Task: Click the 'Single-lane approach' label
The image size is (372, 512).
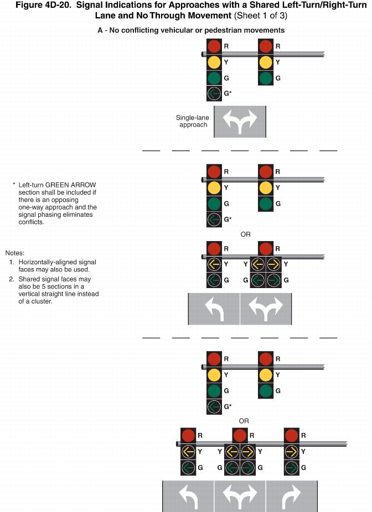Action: tap(192, 121)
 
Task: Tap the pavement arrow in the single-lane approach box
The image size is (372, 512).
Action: tap(240, 122)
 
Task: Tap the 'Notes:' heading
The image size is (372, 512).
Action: tap(15, 253)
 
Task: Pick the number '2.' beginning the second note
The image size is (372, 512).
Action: tap(12, 279)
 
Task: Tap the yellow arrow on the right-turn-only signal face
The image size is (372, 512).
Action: tap(291, 452)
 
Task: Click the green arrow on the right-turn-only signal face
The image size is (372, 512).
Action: tap(291, 468)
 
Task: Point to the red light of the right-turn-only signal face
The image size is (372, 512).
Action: tap(291, 436)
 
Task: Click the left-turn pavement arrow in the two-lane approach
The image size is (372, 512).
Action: tap(214, 309)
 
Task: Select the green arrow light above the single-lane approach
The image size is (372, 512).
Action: tap(214, 93)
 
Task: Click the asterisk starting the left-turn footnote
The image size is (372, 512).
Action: tap(14, 184)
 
